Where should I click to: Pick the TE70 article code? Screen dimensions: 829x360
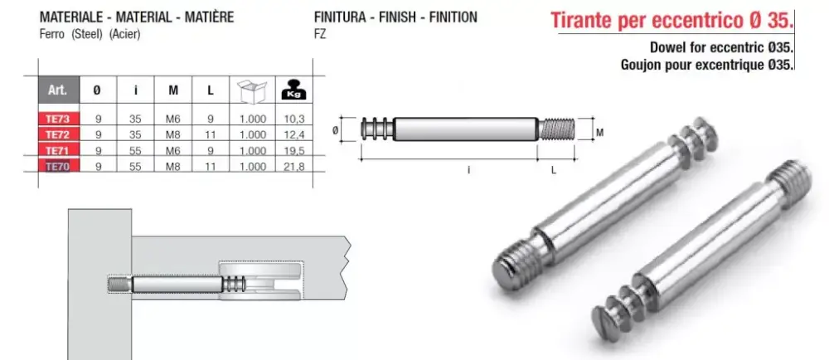(x=57, y=167)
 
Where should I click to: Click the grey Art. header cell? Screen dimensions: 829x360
(x=58, y=90)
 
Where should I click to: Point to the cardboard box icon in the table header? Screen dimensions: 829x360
(x=252, y=91)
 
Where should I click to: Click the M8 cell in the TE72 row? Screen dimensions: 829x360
(x=173, y=135)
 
